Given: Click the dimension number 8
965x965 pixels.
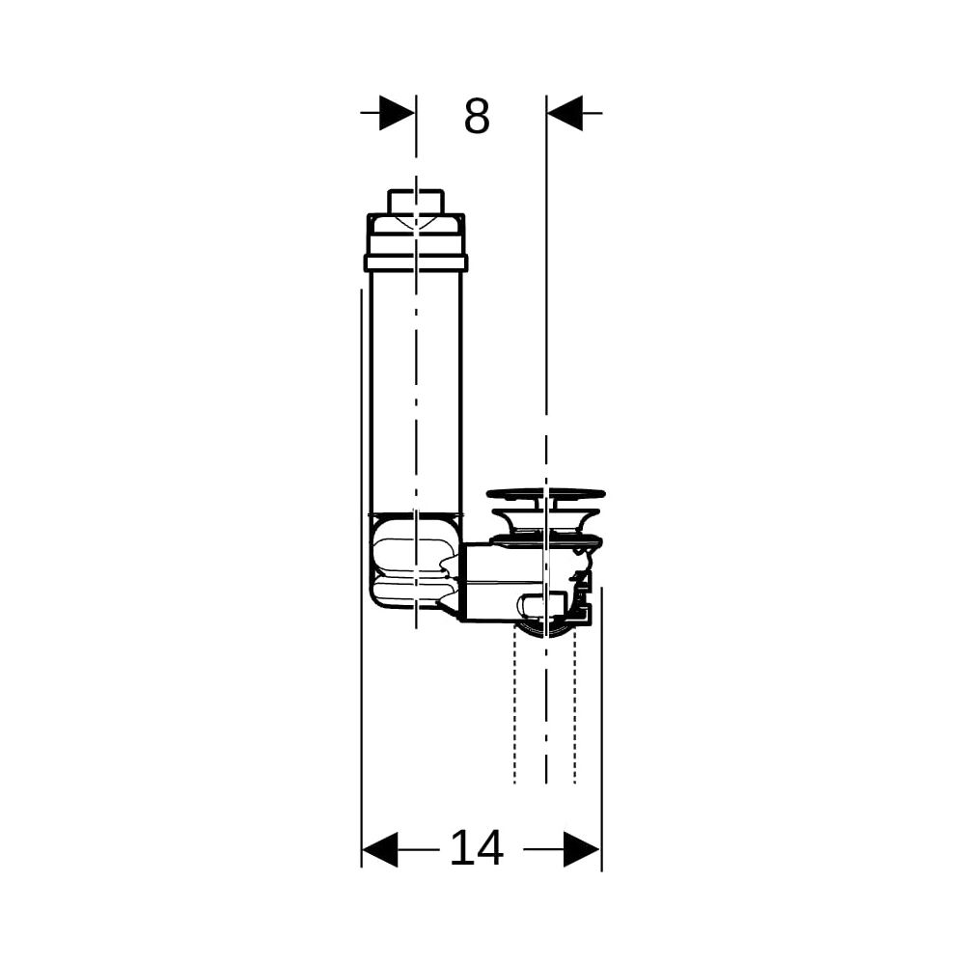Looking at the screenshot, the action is tap(477, 116).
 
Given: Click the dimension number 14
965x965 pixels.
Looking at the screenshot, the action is tap(477, 848).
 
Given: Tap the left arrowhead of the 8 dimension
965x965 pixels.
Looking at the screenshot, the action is tap(397, 113).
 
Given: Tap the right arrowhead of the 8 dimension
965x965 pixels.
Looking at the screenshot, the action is tap(565, 113).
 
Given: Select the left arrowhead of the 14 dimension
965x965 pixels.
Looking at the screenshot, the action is tap(379, 850).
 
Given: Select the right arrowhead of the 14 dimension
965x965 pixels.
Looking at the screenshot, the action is tap(582, 850).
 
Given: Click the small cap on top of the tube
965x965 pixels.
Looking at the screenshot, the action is tap(416, 202).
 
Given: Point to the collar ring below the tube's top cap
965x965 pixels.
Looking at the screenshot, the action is tap(416, 262).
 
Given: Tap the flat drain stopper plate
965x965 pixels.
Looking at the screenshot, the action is tap(546, 493).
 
